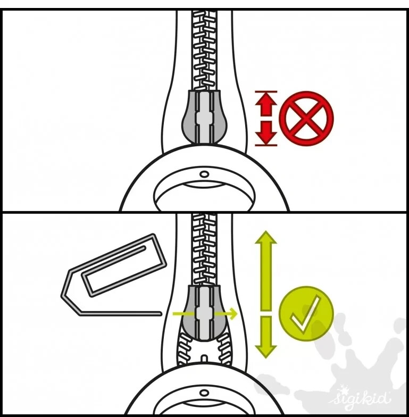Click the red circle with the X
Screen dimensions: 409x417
click(306, 118)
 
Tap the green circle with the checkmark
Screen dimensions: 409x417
click(306, 313)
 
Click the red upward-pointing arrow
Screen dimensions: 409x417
click(266, 104)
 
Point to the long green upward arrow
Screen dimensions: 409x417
click(266, 270)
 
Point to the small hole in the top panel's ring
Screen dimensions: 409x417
click(204, 174)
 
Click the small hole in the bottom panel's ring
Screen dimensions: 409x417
click(204, 393)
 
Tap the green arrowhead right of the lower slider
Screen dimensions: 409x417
click(233, 314)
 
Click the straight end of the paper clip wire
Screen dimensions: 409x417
click(160, 314)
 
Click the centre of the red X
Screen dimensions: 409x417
click(306, 118)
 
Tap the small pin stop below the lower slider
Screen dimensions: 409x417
click(204, 358)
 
